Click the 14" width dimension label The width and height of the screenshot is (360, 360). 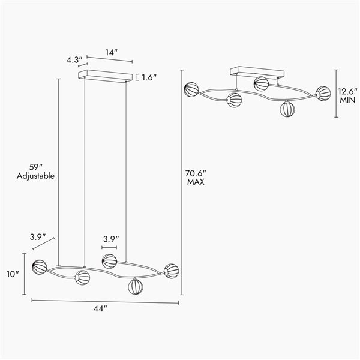click(x=110, y=53)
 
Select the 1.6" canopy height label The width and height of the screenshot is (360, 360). click(x=149, y=77)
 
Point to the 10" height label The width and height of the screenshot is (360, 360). click(x=13, y=274)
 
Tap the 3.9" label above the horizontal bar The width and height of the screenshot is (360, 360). click(x=110, y=239)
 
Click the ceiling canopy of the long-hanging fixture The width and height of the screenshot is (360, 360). click(x=106, y=76)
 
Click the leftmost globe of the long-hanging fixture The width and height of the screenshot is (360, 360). click(x=40, y=266)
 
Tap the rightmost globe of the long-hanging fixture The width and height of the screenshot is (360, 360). click(x=172, y=271)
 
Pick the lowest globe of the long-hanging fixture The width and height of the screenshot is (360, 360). click(x=136, y=286)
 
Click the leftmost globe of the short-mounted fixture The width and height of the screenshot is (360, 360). click(x=192, y=90)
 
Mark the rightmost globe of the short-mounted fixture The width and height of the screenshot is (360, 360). click(x=323, y=93)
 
